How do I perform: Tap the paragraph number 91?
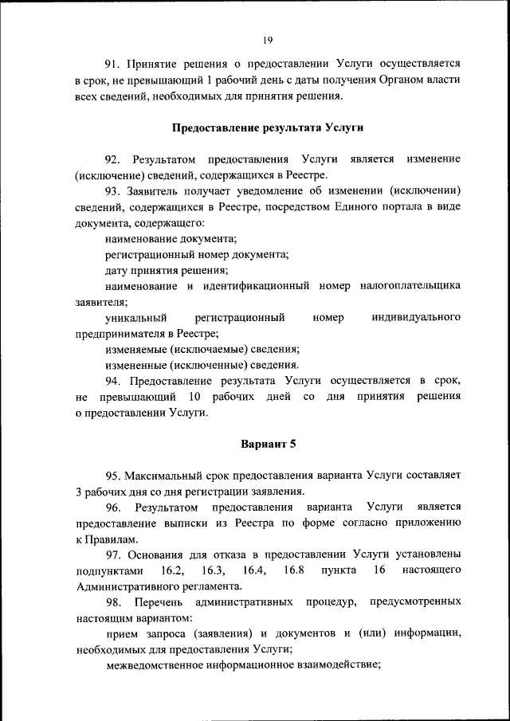(x=115, y=62)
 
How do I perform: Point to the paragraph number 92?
(x=115, y=159)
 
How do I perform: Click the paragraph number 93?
(x=115, y=191)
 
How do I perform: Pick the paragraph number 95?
(x=115, y=475)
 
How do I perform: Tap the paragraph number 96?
(x=115, y=507)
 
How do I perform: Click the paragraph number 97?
(x=115, y=554)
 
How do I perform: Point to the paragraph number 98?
(x=115, y=601)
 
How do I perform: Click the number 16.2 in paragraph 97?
(x=172, y=570)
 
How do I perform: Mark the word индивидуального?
(x=416, y=318)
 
